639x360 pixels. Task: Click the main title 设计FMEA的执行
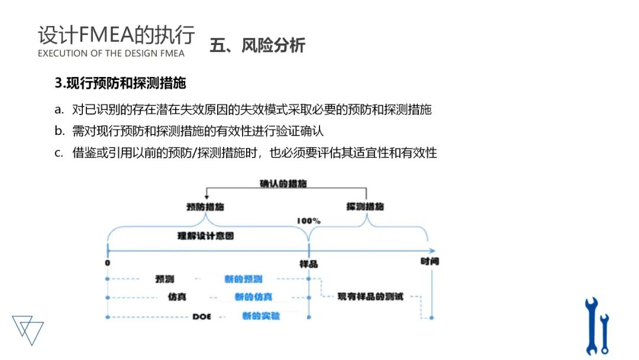click(x=116, y=35)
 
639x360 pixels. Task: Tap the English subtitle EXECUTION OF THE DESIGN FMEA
click(x=111, y=53)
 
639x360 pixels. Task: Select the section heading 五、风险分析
click(x=257, y=46)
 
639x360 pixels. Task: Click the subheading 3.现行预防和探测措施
click(x=120, y=83)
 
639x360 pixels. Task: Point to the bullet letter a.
click(x=59, y=110)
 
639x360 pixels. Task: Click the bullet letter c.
click(x=59, y=153)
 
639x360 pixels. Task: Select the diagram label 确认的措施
click(x=283, y=184)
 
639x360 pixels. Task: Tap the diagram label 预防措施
click(x=205, y=207)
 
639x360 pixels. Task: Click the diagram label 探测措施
click(x=365, y=207)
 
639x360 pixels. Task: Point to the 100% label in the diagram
click(x=309, y=221)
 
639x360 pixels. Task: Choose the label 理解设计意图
click(x=206, y=236)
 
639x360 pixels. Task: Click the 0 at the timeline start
click(x=107, y=262)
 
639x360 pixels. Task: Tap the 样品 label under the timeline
click(x=309, y=263)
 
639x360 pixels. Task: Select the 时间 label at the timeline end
click(x=430, y=261)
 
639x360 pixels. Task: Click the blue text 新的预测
click(x=243, y=279)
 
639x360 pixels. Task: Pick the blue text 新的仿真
click(x=253, y=297)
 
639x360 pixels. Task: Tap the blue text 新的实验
click(x=261, y=316)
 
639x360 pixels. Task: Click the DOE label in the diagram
click(x=202, y=317)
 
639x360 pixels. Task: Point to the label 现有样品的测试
click(x=370, y=296)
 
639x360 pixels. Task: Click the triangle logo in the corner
click(x=28, y=329)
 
